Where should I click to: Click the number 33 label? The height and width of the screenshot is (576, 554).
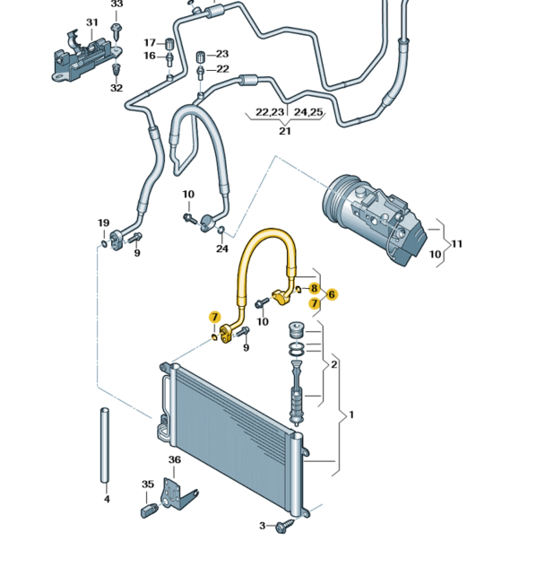[117, 4]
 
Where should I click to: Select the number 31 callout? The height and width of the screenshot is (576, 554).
[92, 22]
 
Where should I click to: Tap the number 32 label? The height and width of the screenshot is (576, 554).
[117, 87]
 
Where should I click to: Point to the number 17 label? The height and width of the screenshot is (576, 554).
[150, 42]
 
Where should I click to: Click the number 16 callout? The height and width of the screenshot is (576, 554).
[150, 56]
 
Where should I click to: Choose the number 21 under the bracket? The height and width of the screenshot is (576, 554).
[284, 131]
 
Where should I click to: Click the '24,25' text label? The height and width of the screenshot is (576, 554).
[309, 112]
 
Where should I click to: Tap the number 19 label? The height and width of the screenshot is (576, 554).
[103, 223]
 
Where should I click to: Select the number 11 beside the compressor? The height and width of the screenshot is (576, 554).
[456, 244]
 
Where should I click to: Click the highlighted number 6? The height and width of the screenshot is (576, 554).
[332, 294]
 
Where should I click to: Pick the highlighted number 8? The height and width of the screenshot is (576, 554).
[314, 288]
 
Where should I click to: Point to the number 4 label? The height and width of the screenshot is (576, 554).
[106, 499]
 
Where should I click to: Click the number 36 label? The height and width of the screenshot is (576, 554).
[175, 460]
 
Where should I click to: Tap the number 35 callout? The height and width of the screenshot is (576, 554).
[149, 484]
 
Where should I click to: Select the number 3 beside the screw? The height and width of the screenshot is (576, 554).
[263, 526]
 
